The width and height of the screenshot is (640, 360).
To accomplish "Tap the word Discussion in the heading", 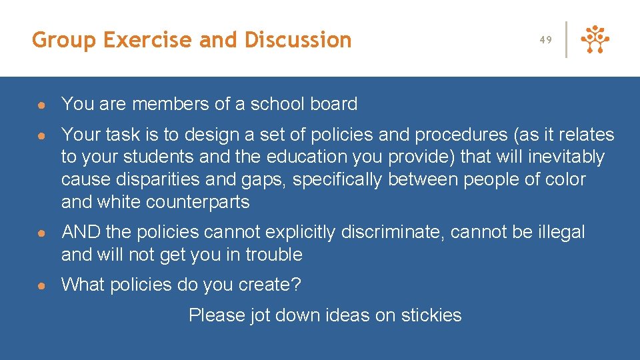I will (x=298, y=41).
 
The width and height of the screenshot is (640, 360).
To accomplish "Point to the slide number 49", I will (x=546, y=40).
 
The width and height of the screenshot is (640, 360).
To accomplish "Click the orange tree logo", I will (x=595, y=40).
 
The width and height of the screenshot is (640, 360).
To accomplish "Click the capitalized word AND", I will (x=81, y=233).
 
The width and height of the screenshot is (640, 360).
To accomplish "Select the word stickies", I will (x=431, y=315).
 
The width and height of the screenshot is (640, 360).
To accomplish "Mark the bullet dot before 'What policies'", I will (x=41, y=285).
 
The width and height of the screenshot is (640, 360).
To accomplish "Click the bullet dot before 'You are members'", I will (x=41, y=105).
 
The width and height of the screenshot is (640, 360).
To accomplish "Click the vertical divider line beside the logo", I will (x=566, y=40).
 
